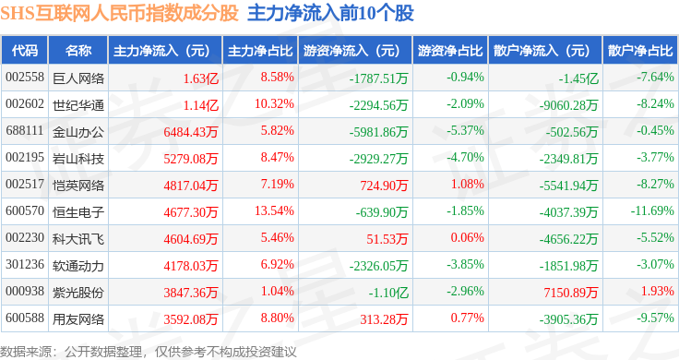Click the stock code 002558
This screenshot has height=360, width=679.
(x=25, y=78)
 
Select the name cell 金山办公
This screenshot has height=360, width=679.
(x=78, y=132)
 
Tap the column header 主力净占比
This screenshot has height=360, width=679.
(x=260, y=51)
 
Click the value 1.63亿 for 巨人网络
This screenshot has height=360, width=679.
(x=201, y=78)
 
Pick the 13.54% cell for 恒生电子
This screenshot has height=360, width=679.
(x=274, y=211)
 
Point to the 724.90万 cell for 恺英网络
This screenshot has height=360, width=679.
(x=384, y=186)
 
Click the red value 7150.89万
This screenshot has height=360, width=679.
(x=571, y=293)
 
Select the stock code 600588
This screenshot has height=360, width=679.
(x=25, y=318)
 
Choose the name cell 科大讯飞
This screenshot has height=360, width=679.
(x=78, y=239)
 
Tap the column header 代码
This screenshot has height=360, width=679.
(x=25, y=51)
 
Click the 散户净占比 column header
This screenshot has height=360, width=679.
(x=640, y=51)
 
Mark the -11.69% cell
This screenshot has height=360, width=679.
(x=652, y=211)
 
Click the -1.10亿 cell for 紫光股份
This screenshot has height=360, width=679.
(x=388, y=293)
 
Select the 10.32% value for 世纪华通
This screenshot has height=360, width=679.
(x=274, y=104)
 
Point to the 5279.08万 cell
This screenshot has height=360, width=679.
(x=191, y=159)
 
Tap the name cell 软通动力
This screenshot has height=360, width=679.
(x=78, y=266)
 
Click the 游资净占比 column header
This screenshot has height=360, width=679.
(x=450, y=51)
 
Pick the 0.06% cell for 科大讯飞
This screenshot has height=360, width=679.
(x=467, y=238)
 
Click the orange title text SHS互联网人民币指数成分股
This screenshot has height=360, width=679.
(x=120, y=13)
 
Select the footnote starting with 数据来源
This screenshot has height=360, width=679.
(x=149, y=352)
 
